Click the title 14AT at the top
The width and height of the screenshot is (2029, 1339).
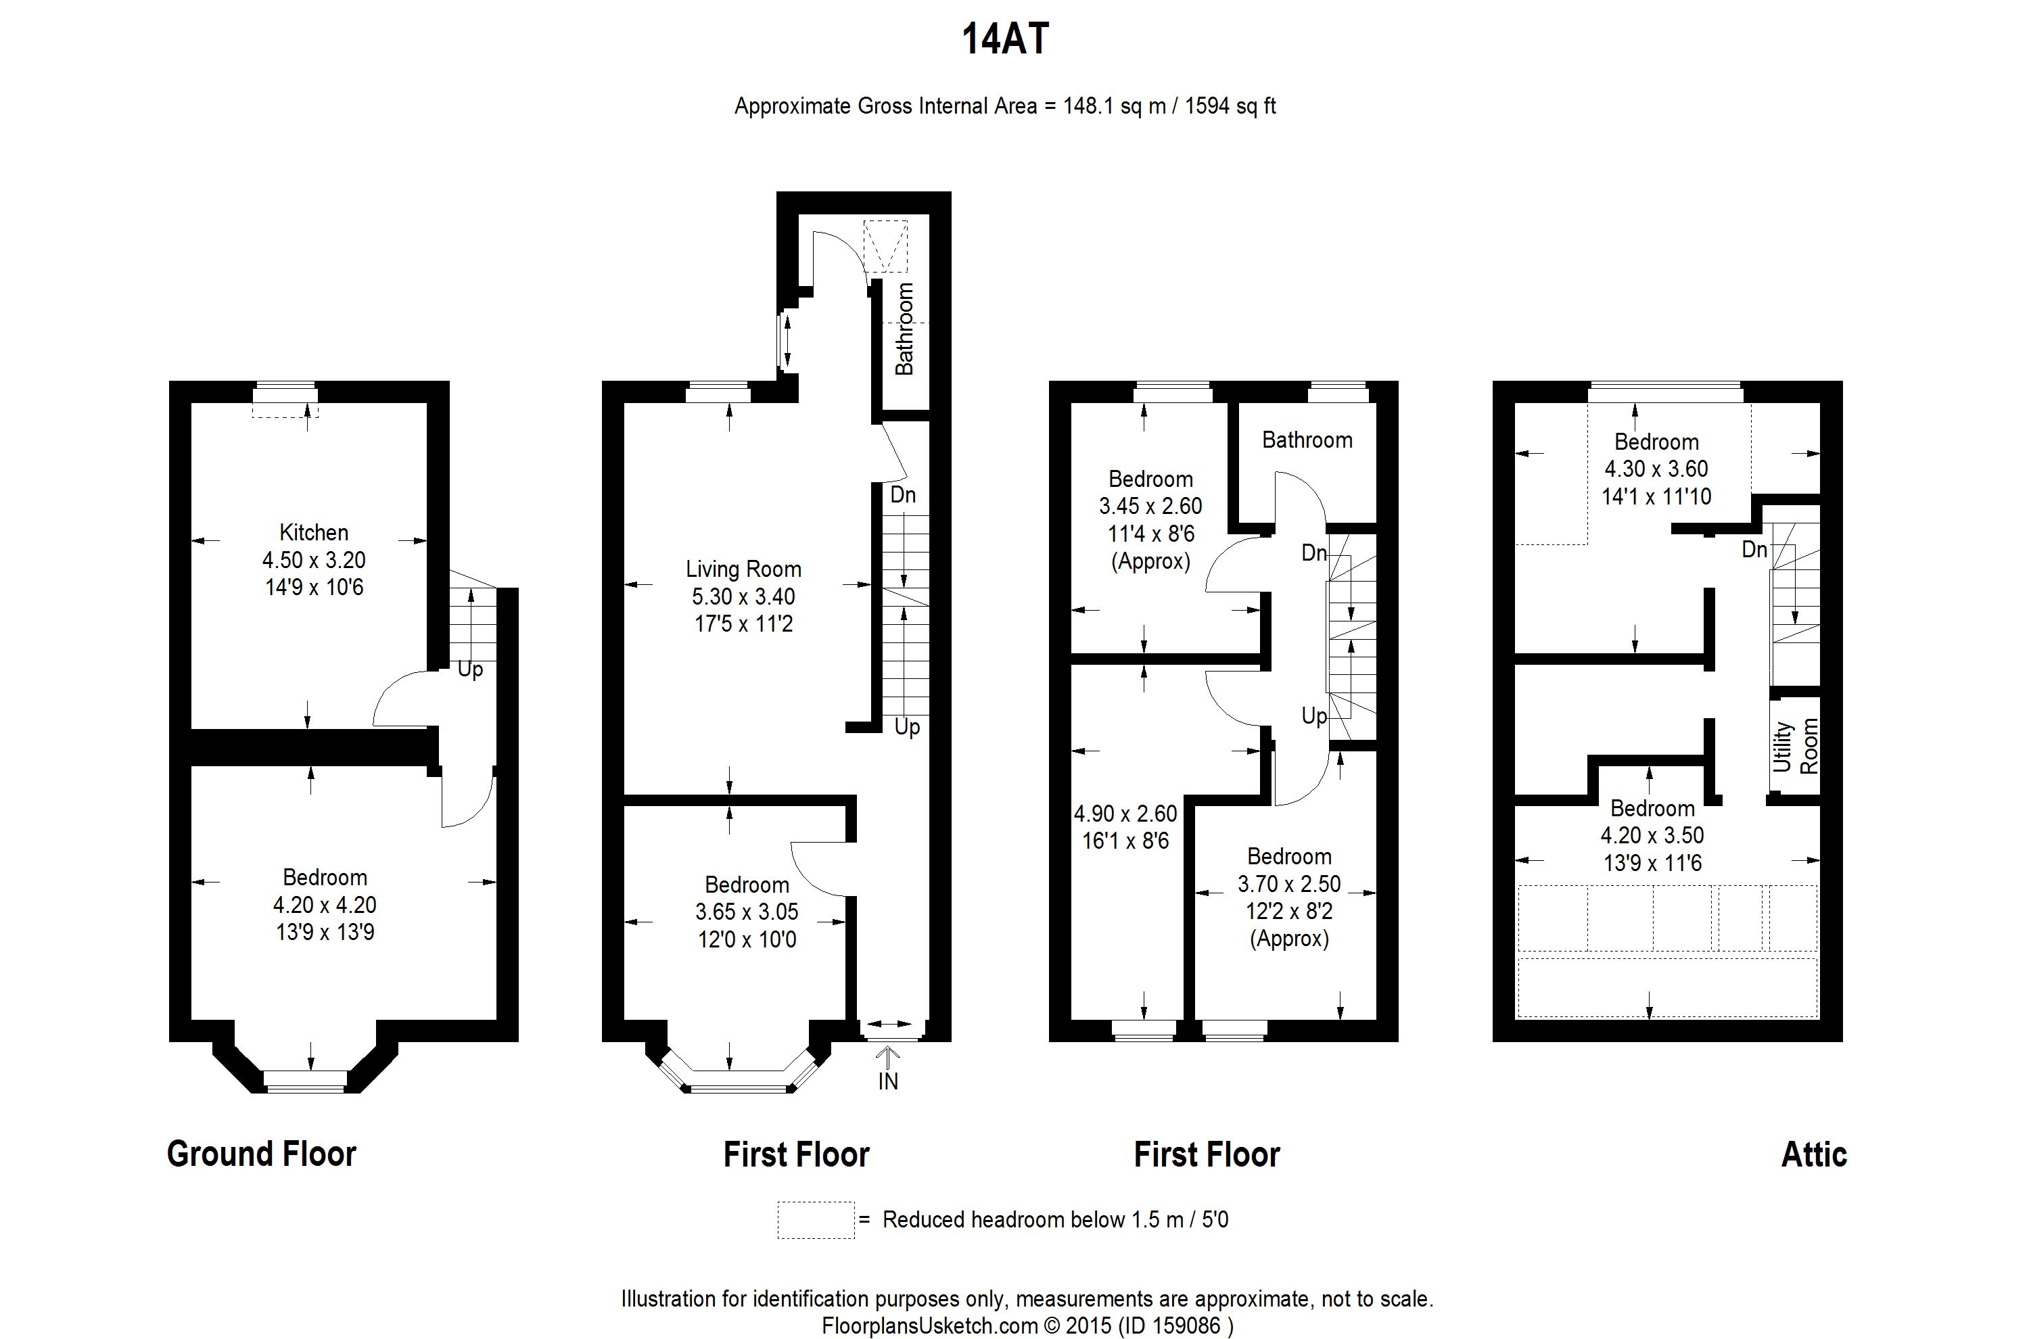[x=1005, y=39]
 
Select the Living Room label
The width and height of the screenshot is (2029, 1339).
[x=743, y=569]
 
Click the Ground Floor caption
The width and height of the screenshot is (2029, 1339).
[x=261, y=1154]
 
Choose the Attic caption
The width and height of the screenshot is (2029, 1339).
[x=1814, y=1154]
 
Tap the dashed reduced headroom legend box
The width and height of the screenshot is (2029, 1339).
[x=816, y=1219]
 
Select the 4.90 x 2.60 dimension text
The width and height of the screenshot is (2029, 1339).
[x=1125, y=814]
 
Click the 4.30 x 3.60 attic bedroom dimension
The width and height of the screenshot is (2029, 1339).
[x=1656, y=469]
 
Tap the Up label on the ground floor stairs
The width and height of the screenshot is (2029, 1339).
[x=469, y=670]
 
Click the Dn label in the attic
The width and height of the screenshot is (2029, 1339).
[x=1754, y=550]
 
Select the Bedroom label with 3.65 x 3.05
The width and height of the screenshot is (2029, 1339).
[x=747, y=885]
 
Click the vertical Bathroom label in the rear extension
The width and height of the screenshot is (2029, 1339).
[x=904, y=329]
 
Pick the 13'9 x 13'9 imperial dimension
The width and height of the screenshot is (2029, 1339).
[x=325, y=932]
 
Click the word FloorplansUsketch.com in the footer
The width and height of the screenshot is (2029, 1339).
[x=930, y=1326]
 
